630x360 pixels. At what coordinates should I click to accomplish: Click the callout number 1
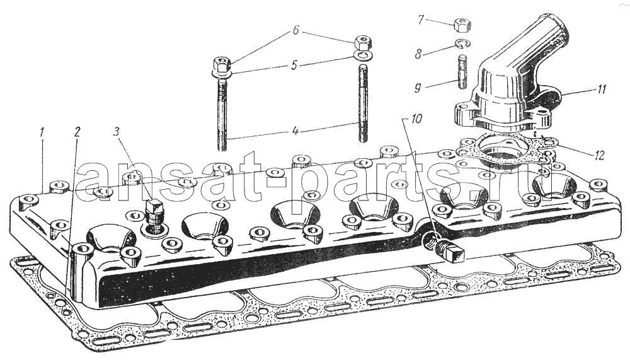[x=43, y=132]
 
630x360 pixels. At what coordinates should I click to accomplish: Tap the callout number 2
[x=77, y=132]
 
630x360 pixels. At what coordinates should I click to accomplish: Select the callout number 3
[x=116, y=132]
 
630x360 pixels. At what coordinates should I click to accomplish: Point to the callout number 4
[x=295, y=131]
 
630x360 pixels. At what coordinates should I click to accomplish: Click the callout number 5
[x=294, y=65]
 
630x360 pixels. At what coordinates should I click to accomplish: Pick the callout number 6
[x=295, y=30]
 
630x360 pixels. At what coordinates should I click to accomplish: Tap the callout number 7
[x=421, y=20]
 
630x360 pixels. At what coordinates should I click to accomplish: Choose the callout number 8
[x=418, y=54]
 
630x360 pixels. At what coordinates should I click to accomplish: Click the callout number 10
[x=416, y=119]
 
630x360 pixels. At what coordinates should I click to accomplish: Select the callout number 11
[x=601, y=89]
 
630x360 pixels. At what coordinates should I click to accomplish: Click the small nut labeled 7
[x=462, y=25]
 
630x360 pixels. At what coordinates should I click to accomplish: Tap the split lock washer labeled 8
[x=463, y=44]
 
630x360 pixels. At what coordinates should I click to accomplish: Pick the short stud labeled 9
[x=462, y=72]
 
